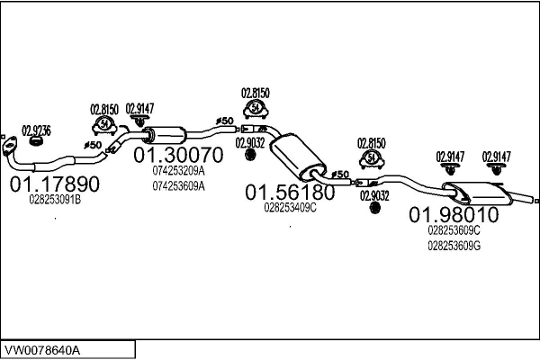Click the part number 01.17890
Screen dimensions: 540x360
(x=55, y=184)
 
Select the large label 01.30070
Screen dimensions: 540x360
(x=178, y=155)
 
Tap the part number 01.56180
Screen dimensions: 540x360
(x=290, y=193)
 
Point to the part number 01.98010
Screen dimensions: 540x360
(x=454, y=214)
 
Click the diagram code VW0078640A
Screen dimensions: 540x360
(x=42, y=350)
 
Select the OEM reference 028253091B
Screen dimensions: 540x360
(x=55, y=200)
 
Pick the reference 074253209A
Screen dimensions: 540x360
(x=178, y=170)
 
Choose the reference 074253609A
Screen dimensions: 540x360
(x=178, y=186)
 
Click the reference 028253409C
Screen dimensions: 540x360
(x=290, y=208)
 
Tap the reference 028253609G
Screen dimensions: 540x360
(x=454, y=246)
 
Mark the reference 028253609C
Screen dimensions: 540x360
(x=454, y=230)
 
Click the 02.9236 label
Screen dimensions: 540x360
(x=37, y=130)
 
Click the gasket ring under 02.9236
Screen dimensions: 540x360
(x=36, y=141)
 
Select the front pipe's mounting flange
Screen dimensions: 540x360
(x=9, y=146)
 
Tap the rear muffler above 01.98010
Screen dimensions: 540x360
(x=477, y=193)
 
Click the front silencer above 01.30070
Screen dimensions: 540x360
(x=165, y=135)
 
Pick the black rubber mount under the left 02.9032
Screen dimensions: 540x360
(x=250, y=154)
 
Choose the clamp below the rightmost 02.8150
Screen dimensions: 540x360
(x=372, y=159)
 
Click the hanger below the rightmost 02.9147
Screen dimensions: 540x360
(x=496, y=169)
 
